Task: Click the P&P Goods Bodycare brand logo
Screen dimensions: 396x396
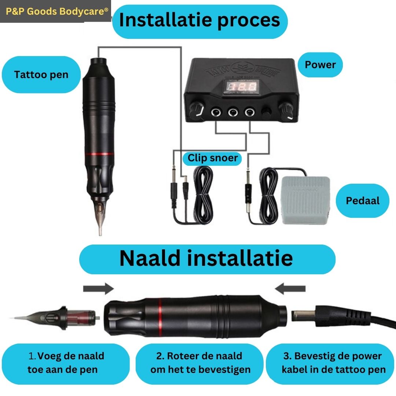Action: point(56,11)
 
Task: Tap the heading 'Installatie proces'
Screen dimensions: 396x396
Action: point(199,21)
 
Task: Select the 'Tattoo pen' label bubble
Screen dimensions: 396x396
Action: point(41,74)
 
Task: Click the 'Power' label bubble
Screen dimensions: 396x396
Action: point(320,65)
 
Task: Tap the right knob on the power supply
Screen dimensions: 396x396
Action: point(286,110)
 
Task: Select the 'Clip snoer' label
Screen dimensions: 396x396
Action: point(212,158)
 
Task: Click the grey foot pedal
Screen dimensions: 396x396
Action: point(305,200)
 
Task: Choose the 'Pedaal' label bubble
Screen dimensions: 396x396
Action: point(362,201)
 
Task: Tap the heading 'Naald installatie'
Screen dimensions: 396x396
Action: point(207,259)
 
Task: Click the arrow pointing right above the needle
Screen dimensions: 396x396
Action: point(99,289)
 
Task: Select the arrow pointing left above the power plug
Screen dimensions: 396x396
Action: point(290,289)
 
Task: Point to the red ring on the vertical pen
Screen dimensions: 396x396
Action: point(99,154)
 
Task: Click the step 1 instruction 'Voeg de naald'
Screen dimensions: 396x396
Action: point(66,356)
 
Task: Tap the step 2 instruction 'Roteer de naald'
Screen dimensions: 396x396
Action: point(199,356)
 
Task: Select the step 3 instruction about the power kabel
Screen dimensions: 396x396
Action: point(333,363)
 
